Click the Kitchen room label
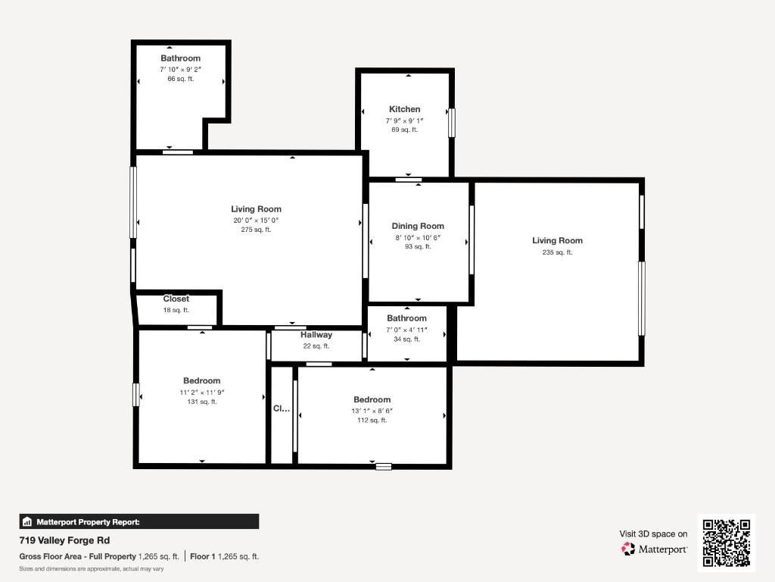[404, 109]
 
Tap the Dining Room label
[417, 226]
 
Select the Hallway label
[316, 335]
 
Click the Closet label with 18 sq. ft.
[176, 299]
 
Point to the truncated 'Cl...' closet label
[281, 408]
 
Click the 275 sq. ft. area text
[256, 230]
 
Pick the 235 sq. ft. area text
[557, 252]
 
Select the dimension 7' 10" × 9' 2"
[180, 69]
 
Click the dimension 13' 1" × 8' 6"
[372, 411]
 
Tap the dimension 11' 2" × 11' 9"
[201, 393]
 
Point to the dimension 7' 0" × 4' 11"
[406, 330]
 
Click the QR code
[726, 543]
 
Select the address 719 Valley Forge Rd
[64, 540]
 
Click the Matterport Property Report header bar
[139, 521]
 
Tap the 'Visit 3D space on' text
[653, 533]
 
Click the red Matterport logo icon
[628, 549]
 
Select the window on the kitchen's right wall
[452, 122]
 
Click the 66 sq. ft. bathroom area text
[180, 79]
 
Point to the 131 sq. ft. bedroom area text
[201, 402]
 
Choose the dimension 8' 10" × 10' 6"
[417, 237]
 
